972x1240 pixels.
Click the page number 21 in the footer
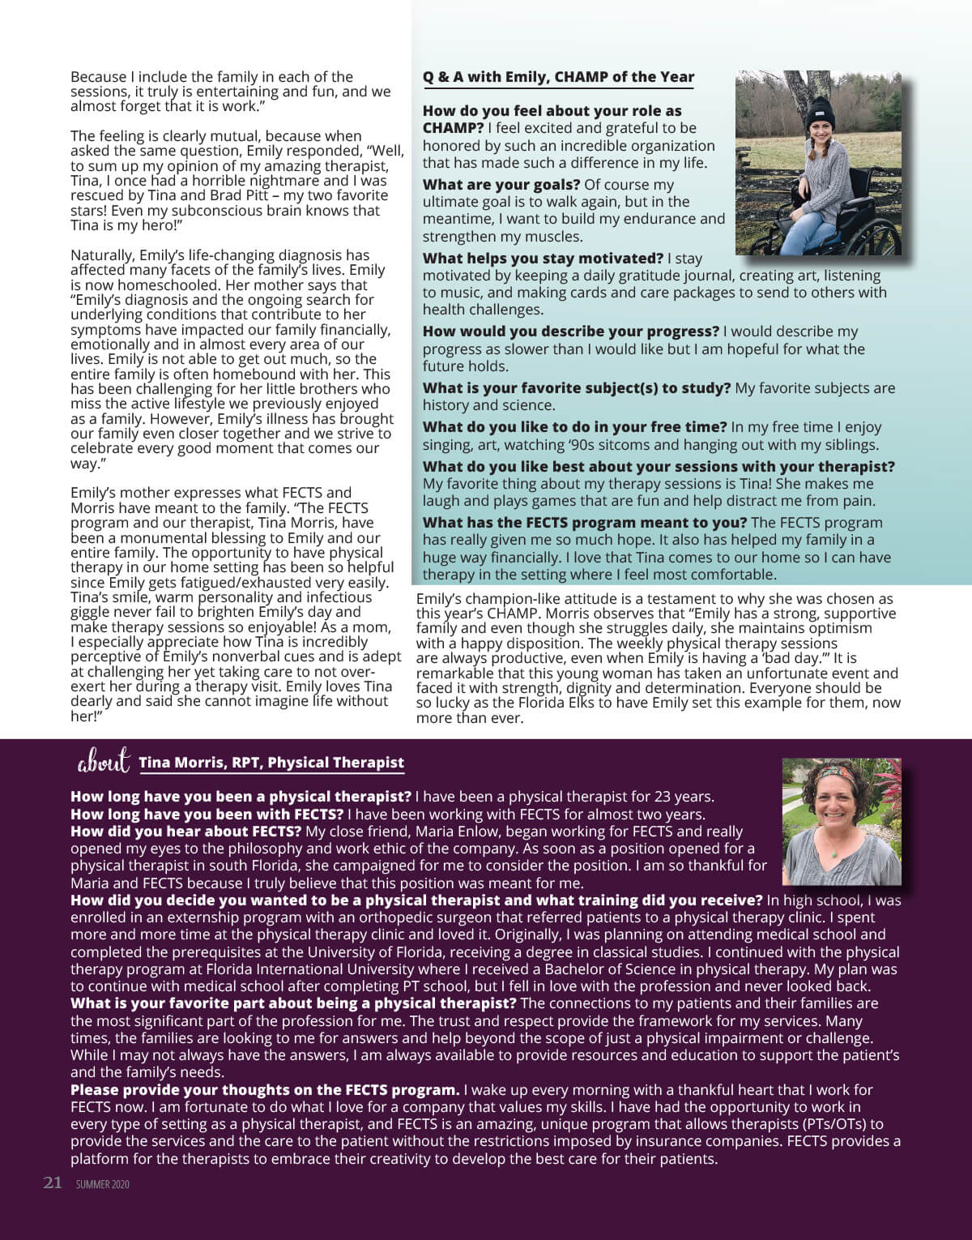pyautogui.click(x=53, y=1182)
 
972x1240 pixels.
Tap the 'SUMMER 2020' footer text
pyautogui.click(x=103, y=1184)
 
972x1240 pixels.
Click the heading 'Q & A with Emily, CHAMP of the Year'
pyautogui.click(x=558, y=77)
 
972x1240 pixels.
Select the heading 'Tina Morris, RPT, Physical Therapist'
pyautogui.click(x=271, y=763)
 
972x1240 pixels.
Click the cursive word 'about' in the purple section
pyautogui.click(x=103, y=763)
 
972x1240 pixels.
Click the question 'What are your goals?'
pyautogui.click(x=501, y=185)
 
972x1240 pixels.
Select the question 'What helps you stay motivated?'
pyautogui.click(x=543, y=259)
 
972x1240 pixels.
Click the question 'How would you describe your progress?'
pyautogui.click(x=570, y=331)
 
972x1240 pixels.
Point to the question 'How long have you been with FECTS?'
pyautogui.click(x=207, y=815)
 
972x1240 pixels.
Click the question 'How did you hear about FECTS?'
pyautogui.click(x=185, y=832)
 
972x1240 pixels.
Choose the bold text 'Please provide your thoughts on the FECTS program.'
pyautogui.click(x=265, y=1090)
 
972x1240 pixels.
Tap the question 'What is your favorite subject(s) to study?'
pyautogui.click(x=576, y=388)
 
